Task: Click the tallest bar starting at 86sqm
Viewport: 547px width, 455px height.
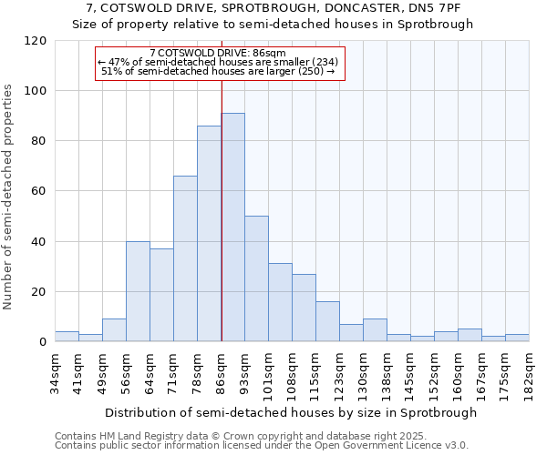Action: (x=232, y=227)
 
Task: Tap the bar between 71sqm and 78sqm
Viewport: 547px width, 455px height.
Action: (x=185, y=258)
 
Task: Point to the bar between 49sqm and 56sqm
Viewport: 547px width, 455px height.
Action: (x=114, y=330)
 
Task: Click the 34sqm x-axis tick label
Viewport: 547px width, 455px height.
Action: (x=55, y=371)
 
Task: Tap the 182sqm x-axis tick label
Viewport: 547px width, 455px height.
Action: (x=530, y=371)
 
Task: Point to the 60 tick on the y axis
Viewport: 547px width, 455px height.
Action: (x=40, y=191)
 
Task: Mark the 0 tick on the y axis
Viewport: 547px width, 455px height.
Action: (x=44, y=342)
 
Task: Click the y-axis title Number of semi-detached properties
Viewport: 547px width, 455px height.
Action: (x=8, y=197)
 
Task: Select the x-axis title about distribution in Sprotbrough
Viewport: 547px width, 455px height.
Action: (x=291, y=412)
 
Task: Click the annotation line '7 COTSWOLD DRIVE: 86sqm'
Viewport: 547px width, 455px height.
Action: (x=218, y=54)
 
